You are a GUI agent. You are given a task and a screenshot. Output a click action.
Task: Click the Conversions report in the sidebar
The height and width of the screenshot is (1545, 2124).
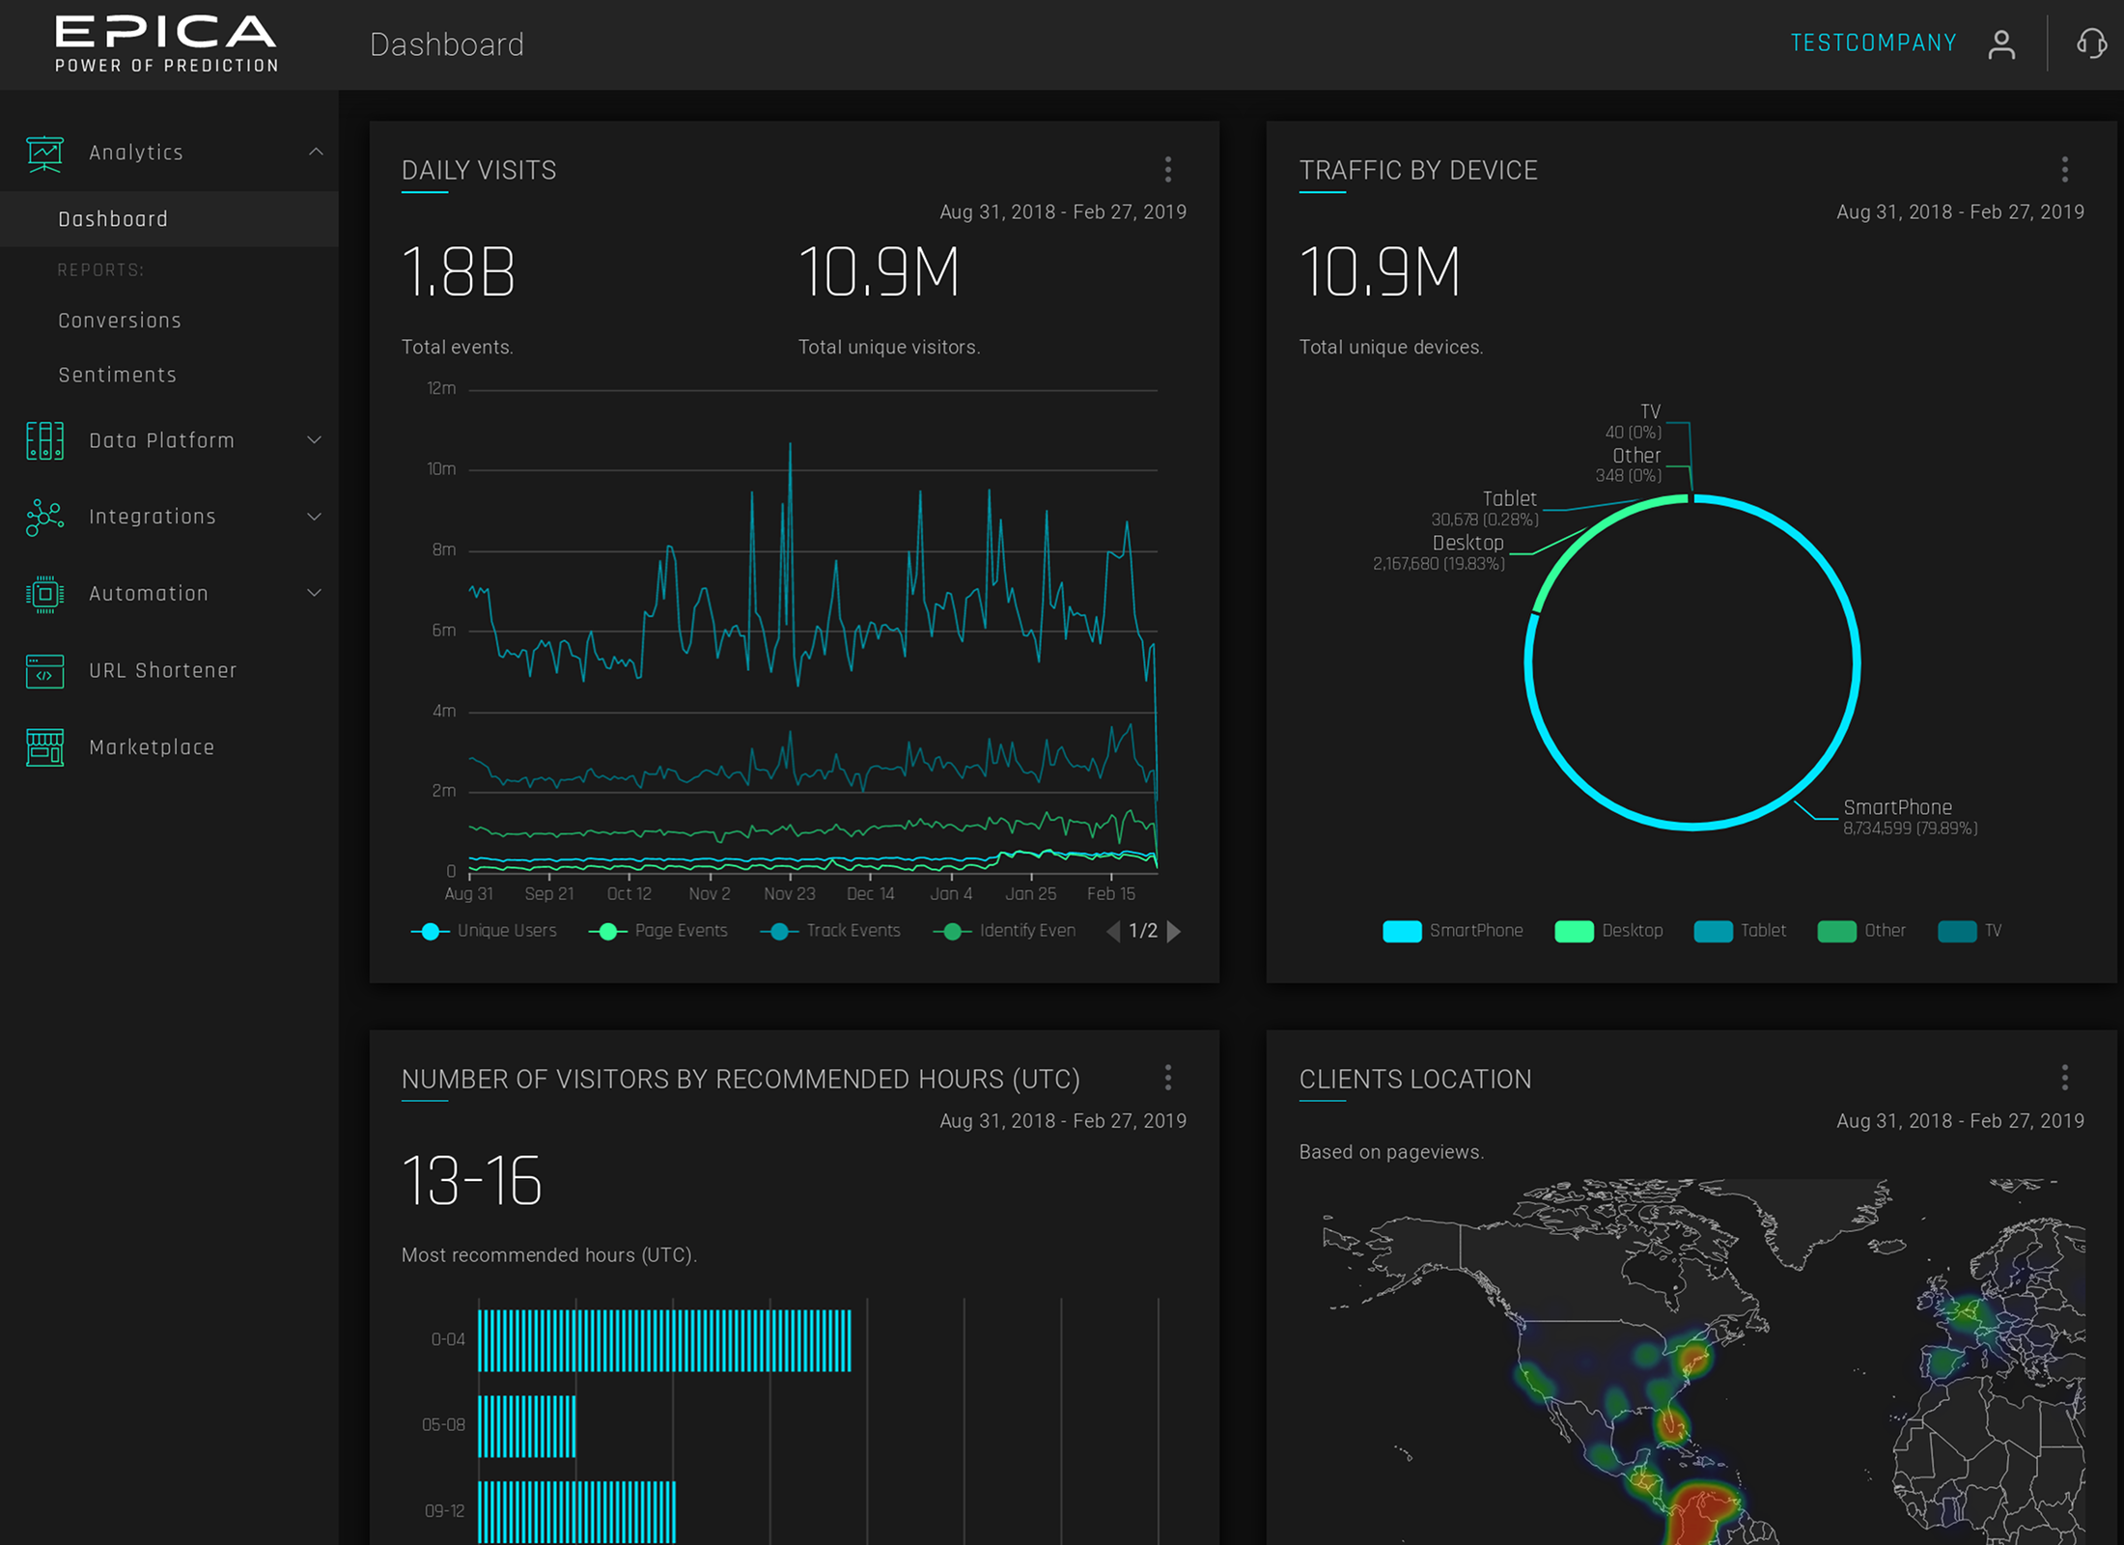tap(120, 321)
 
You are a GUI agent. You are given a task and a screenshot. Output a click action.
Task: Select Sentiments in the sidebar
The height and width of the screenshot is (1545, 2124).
tap(117, 375)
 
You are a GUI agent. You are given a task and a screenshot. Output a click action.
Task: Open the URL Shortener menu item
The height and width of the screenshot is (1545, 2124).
tap(162, 670)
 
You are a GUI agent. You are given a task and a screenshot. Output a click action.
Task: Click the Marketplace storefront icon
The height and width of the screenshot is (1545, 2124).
tap(44, 747)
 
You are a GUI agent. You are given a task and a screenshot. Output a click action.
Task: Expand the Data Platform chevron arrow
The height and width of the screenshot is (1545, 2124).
tap(314, 440)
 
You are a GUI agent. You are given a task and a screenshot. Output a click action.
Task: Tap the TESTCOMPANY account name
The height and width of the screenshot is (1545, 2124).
tap(1873, 43)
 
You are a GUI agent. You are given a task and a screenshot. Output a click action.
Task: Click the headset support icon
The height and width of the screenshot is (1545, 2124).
tap(2091, 43)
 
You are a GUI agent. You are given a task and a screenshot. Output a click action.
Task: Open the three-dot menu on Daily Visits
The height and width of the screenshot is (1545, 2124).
tap(1168, 170)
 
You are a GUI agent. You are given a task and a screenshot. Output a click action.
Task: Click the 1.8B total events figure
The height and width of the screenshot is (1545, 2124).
tap(459, 273)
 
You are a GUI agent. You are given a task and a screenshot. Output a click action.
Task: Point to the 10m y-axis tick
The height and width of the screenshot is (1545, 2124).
tap(441, 469)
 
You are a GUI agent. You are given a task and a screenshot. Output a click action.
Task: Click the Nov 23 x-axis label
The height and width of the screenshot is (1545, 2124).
tap(790, 894)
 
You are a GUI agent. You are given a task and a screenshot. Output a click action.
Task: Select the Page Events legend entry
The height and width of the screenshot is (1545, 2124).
tap(680, 931)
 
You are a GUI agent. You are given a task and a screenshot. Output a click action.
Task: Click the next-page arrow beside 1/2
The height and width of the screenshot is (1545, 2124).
tap(1174, 931)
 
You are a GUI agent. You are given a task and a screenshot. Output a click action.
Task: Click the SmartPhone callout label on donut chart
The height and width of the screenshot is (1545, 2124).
tap(1897, 807)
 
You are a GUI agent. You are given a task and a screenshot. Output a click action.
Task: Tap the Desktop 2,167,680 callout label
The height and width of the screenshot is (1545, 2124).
tap(1467, 544)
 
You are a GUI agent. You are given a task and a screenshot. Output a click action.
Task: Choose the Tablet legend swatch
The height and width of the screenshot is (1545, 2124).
tap(1713, 931)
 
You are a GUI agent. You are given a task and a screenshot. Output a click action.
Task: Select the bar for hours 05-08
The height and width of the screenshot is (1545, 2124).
tap(527, 1425)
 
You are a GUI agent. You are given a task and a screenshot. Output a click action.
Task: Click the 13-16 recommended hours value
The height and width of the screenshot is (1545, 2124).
tap(471, 1181)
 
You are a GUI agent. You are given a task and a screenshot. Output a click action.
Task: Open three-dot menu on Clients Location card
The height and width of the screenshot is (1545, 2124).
tap(2065, 1079)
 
